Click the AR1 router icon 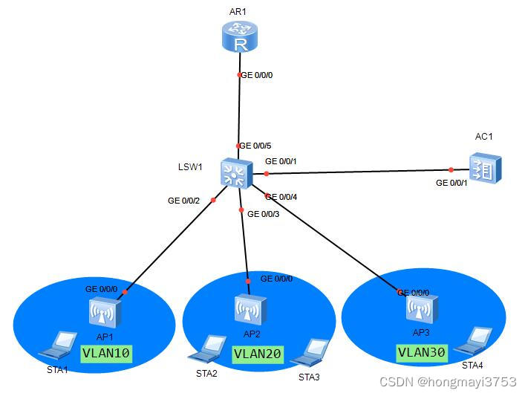[x=239, y=37]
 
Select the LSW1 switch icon [x=236, y=174]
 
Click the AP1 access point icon [x=105, y=313]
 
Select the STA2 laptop [x=210, y=347]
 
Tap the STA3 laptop [x=311, y=351]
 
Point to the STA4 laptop [x=475, y=340]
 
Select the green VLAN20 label [x=257, y=354]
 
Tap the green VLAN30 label [x=421, y=352]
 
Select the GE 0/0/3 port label [x=264, y=214]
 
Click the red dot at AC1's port [x=451, y=170]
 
